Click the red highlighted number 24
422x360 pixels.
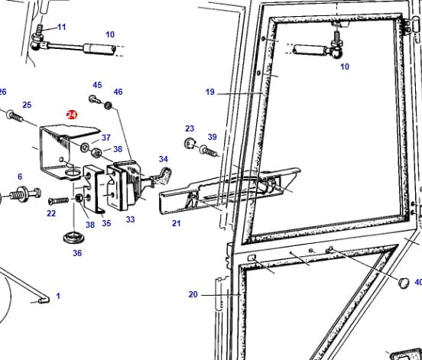[72, 115]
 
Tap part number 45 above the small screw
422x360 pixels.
[97, 85]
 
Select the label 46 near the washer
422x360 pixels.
[118, 92]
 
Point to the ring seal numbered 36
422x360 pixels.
[74, 237]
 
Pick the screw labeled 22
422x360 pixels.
[58, 201]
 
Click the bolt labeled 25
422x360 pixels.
[15, 115]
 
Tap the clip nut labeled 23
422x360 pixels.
[190, 143]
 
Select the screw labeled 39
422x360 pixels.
[208, 151]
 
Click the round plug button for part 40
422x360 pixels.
[404, 283]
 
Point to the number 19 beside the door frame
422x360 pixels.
[210, 92]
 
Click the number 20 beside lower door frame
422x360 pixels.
[193, 294]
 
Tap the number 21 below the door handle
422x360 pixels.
[177, 223]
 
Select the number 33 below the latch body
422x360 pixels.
[130, 219]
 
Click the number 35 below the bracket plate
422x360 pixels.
[106, 223]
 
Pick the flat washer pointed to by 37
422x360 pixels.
[86, 147]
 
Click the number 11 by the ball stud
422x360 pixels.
[62, 28]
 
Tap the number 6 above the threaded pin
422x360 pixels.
[20, 177]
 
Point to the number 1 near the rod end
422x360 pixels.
[58, 296]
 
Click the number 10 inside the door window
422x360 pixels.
[345, 66]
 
